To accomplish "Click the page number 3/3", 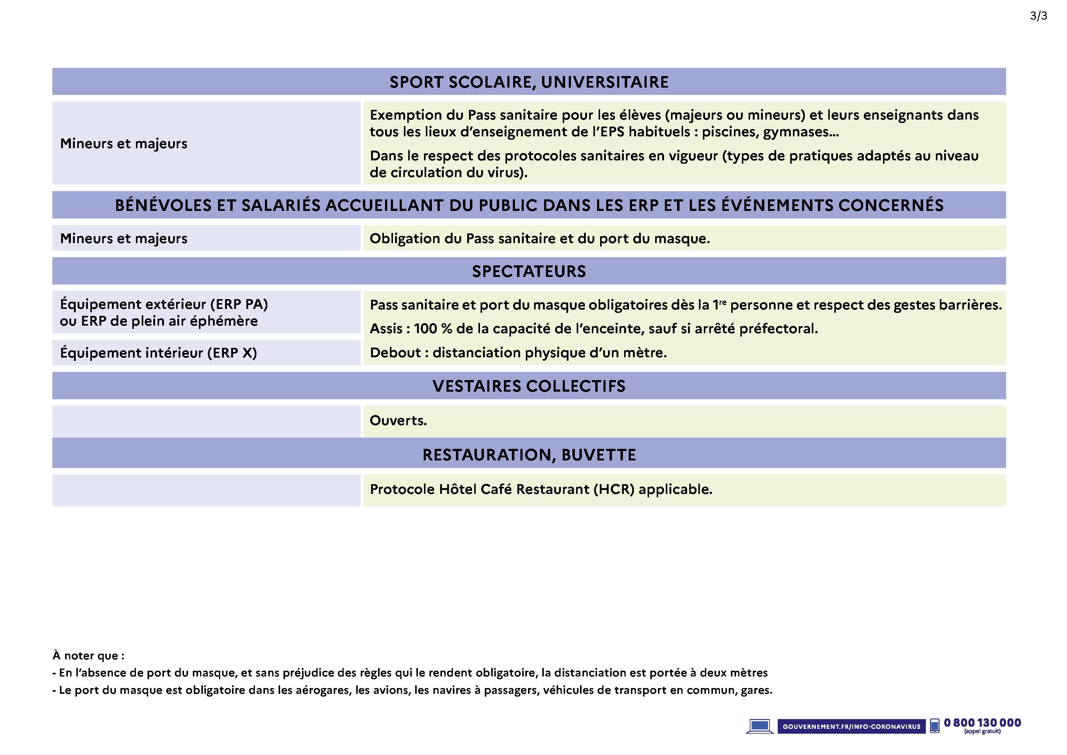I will point(1038,16).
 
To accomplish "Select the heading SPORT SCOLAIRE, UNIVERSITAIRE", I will point(529,82).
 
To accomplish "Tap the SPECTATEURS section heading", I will point(529,271).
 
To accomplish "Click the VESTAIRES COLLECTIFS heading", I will point(529,386).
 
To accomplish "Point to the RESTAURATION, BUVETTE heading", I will point(529,455).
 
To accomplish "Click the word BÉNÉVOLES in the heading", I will point(163,205).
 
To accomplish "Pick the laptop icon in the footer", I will point(759,726).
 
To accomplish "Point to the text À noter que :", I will point(88,655).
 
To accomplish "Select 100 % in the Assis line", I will point(433,329).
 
